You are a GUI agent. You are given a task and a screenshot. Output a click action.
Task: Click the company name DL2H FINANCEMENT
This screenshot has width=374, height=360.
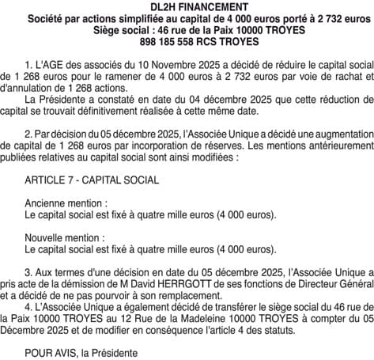187,7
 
